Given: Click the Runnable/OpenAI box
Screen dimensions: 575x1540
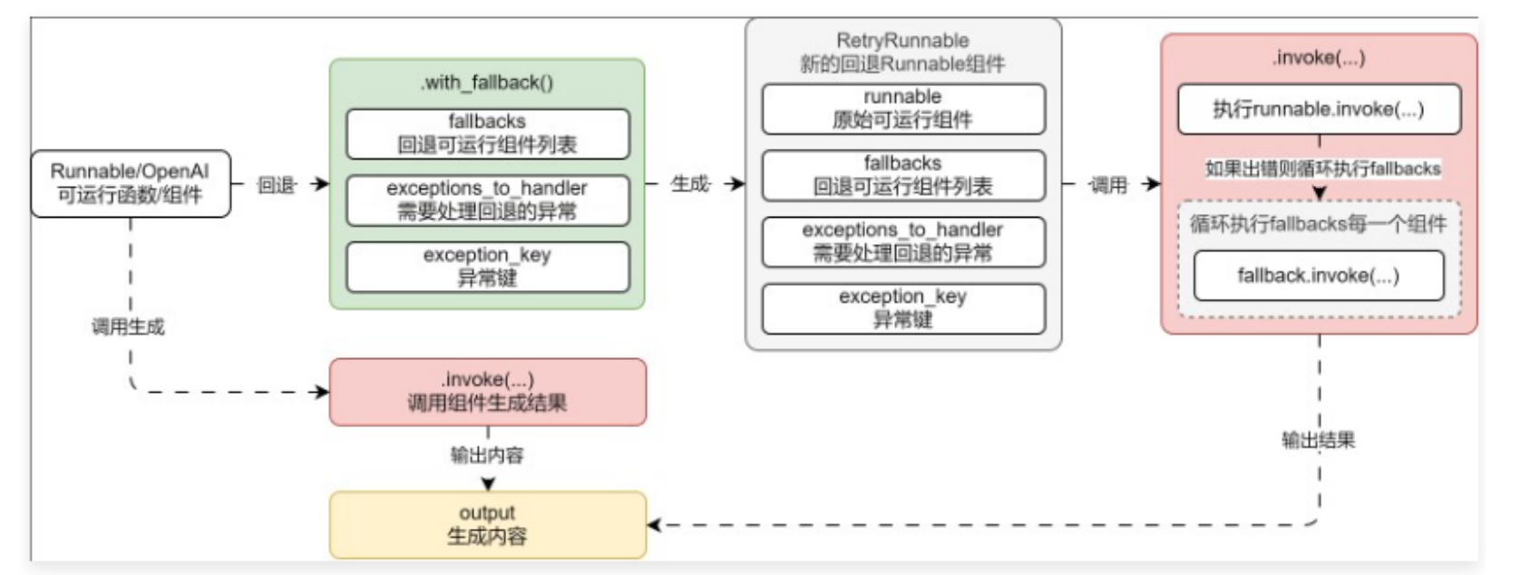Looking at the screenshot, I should tap(131, 183).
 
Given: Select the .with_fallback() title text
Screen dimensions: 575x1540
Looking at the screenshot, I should tap(487, 83).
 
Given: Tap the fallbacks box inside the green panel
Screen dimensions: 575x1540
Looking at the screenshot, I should tap(487, 133).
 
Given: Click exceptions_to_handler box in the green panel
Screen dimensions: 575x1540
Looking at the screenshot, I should tap(487, 200).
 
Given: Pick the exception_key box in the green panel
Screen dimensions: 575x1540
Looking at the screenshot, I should tap(487, 267).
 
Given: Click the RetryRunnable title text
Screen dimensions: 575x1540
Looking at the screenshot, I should tap(902, 41).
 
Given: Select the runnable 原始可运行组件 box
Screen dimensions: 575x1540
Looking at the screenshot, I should tap(902, 109).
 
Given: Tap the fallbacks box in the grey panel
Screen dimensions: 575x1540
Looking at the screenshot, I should tap(902, 175).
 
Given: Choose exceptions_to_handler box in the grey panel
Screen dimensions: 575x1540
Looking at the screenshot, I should tap(902, 241).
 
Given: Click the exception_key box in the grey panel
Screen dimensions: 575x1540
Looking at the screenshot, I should tap(902, 308).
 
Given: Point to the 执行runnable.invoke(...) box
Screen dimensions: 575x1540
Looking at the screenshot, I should tap(1318, 109).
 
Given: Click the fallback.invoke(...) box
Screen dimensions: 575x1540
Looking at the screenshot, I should tap(1318, 276).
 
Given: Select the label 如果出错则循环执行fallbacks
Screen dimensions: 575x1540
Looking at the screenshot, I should tap(1321, 169).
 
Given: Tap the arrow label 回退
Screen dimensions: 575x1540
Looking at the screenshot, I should tap(276, 185).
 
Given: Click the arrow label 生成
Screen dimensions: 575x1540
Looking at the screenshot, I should tap(689, 184).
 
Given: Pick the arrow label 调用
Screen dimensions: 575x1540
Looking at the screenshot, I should tap(1107, 185).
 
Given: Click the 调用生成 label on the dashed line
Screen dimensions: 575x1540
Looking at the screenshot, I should tap(128, 326).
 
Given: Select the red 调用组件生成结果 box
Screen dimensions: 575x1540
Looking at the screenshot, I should tap(487, 392).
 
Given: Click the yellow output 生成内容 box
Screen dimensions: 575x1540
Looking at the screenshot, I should tap(487, 524).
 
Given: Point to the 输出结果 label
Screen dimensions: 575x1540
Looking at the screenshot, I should tap(1318, 441).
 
